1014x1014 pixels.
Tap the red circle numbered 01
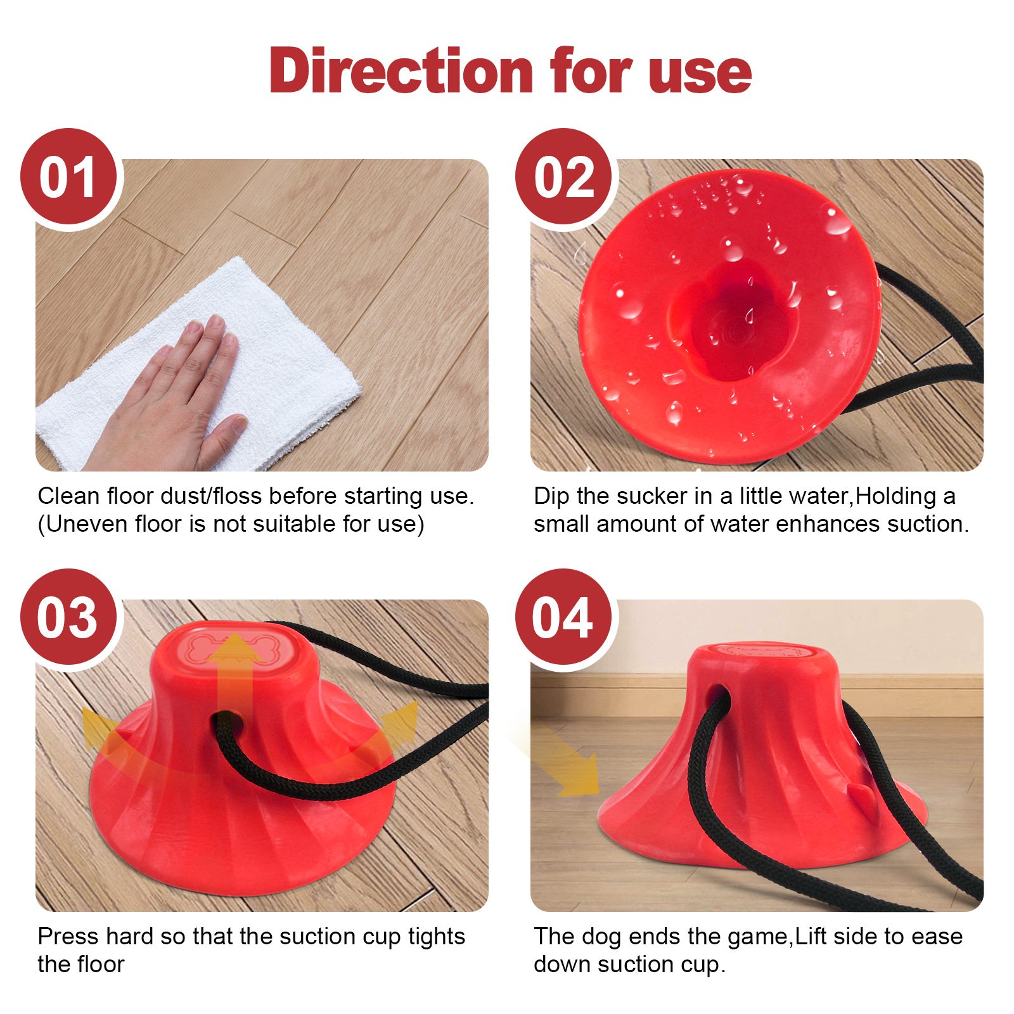tap(68, 177)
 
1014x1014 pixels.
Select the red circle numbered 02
tap(563, 177)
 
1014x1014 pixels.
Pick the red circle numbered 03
tap(68, 618)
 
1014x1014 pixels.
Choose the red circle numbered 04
tap(563, 618)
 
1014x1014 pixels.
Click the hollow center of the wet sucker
tap(729, 323)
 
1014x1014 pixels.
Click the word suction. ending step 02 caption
tap(928, 524)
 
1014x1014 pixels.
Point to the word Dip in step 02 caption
tap(551, 496)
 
